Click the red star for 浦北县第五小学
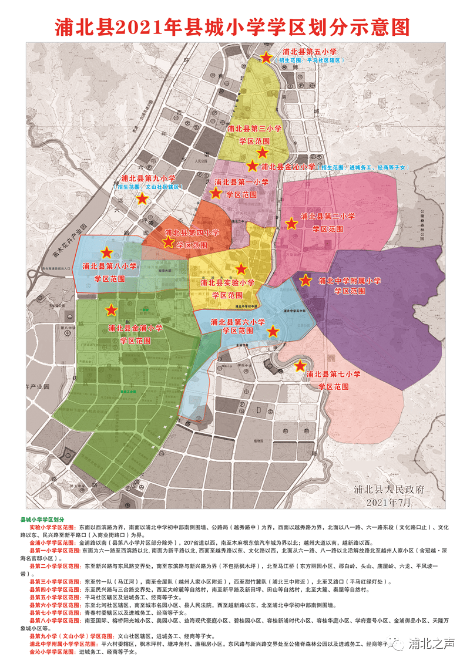pos(266,58)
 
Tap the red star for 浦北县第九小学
pos(142,198)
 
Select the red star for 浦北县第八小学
pos(106,252)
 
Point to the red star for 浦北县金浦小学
pos(111,309)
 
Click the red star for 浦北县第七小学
pos(300,366)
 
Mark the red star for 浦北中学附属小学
pos(305,281)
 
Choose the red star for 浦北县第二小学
pos(291,224)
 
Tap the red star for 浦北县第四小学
pos(169,241)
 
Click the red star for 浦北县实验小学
pos(241,269)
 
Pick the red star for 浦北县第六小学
pos(273,332)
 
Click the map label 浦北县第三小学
pos(254,129)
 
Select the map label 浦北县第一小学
pos(241,183)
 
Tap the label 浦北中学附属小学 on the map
pos(350,281)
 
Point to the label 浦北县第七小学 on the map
pos(333,374)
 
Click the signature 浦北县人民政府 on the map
pos(389,490)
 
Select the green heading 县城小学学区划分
pos(42,520)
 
